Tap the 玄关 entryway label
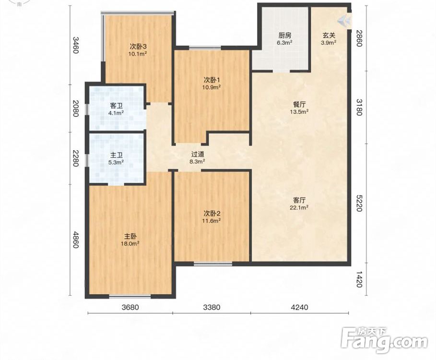click(x=329, y=36)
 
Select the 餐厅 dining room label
click(x=299, y=105)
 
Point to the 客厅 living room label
click(x=299, y=200)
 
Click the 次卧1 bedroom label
click(x=212, y=80)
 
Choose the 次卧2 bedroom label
click(x=212, y=214)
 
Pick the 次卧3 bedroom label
click(x=138, y=46)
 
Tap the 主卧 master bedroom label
click(x=130, y=237)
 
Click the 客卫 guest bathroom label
click(x=116, y=106)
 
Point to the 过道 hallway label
click(x=198, y=154)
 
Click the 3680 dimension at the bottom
click(x=130, y=307)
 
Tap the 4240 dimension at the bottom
click(x=299, y=307)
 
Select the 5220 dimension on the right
click(x=359, y=203)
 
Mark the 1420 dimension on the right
click(x=359, y=279)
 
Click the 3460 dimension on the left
click(x=76, y=45)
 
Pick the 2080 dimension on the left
click(x=76, y=108)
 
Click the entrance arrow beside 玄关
click(x=344, y=21)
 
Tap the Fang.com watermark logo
click(x=384, y=340)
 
